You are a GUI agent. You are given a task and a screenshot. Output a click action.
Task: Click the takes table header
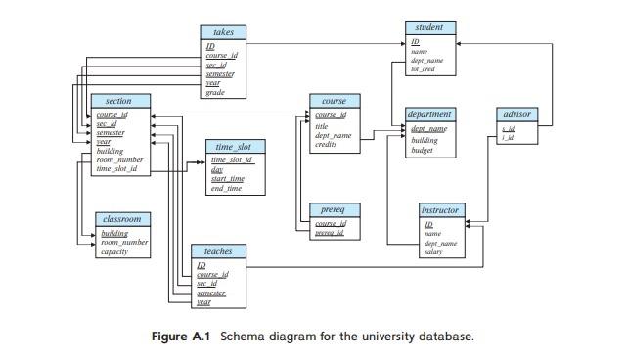pos(222,32)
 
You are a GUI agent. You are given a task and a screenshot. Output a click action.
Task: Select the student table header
pos(428,27)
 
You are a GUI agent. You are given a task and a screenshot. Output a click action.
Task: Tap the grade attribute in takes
pos(215,92)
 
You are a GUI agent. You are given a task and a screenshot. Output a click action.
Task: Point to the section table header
pos(118,101)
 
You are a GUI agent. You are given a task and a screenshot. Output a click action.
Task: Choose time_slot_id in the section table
pos(116,168)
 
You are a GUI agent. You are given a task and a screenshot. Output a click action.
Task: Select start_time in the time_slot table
pos(228,179)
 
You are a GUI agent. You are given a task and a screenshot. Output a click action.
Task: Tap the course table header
pos(334,101)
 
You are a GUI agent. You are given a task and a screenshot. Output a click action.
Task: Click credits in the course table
pos(326,145)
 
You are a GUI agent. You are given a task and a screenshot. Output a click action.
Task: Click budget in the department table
pos(422,150)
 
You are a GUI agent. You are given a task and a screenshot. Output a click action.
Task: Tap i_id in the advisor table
pos(508,138)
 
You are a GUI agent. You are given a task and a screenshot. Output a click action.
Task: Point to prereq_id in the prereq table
pos(329,233)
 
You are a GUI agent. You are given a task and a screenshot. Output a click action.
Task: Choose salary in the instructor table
pos(432,252)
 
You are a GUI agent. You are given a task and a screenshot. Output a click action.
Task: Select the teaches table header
pos(218,251)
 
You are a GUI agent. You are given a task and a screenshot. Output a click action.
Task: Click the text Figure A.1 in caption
pos(183,337)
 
